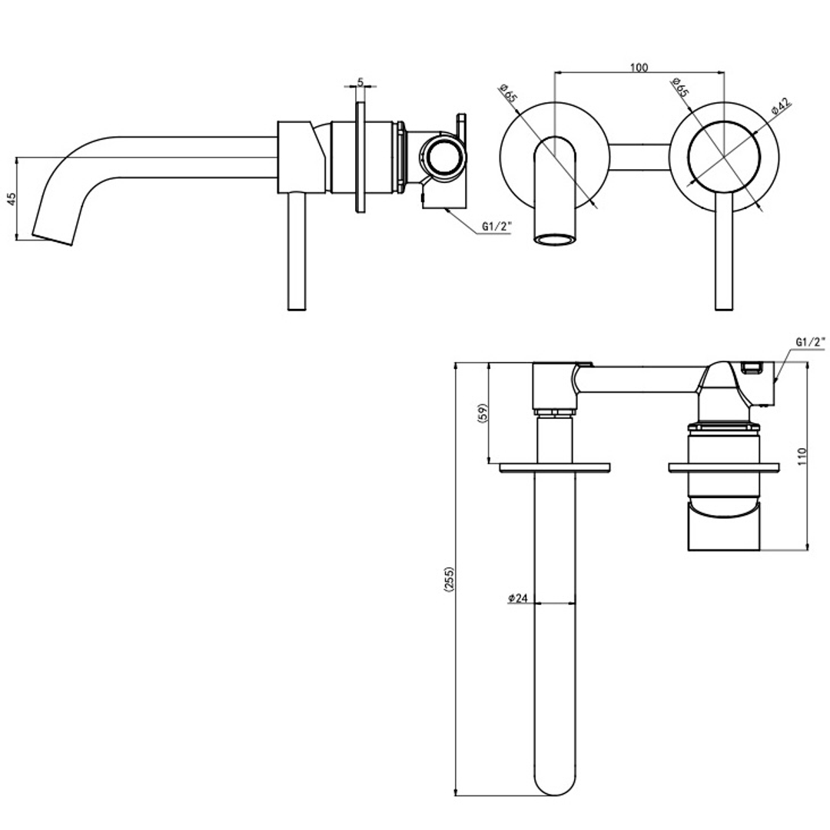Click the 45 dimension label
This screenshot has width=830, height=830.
[11, 198]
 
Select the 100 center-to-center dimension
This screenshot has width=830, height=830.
[638, 67]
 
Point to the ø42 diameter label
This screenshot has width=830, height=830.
[781, 106]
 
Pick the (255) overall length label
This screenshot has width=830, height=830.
[449, 579]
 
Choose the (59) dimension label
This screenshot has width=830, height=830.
[483, 413]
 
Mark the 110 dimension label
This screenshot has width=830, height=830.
[802, 456]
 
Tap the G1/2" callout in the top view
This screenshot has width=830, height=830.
[810, 340]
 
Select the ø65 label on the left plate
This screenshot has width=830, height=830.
[508, 93]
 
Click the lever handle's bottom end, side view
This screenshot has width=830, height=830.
[297, 307]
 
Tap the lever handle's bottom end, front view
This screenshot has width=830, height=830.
[722, 307]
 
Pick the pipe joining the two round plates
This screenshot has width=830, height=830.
[639, 156]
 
